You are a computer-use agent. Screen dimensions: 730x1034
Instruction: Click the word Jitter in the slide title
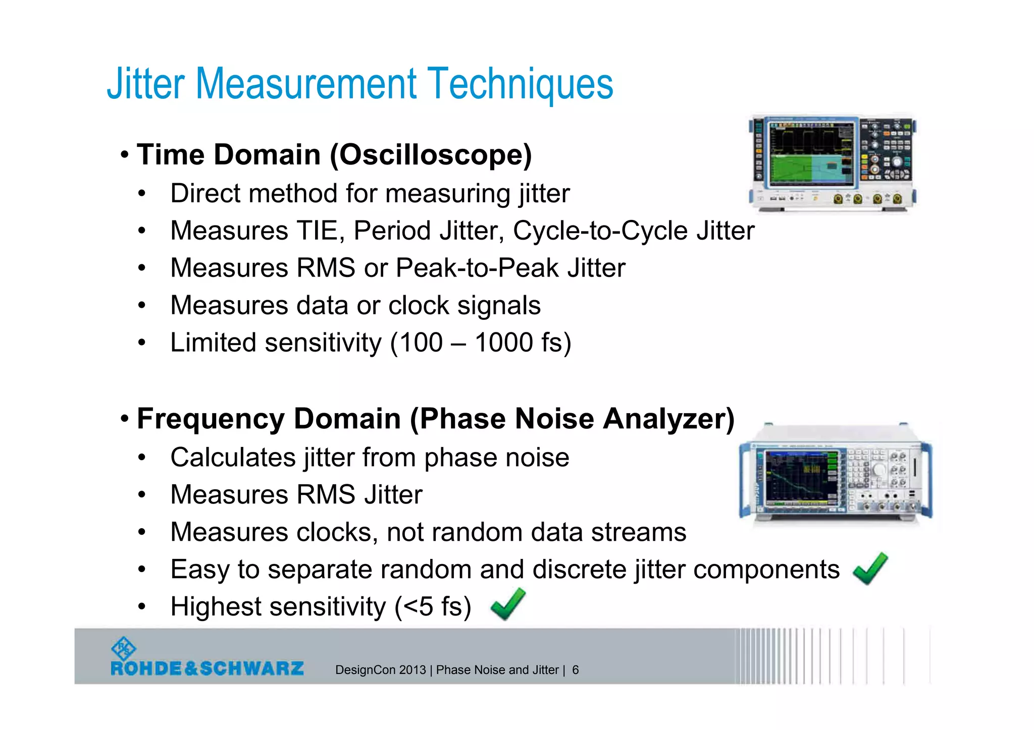[x=145, y=84]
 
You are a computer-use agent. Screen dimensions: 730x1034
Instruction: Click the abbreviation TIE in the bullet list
[x=320, y=231]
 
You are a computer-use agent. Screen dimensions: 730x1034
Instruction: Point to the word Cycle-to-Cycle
[x=600, y=231]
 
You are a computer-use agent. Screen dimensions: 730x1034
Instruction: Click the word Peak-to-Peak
[x=477, y=268]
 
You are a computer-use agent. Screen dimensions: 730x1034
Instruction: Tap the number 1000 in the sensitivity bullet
[x=503, y=343]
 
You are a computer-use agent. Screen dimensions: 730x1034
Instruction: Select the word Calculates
[x=233, y=458]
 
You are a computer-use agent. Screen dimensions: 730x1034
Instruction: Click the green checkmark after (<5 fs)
[x=507, y=604]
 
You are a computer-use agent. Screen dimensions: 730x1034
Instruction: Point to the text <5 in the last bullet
[x=419, y=607]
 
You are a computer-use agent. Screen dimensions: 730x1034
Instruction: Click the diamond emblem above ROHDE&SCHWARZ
[x=123, y=648]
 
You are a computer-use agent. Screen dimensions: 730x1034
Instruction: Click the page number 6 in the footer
[x=575, y=670]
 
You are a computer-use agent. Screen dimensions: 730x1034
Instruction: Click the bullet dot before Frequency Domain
[x=125, y=419]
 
